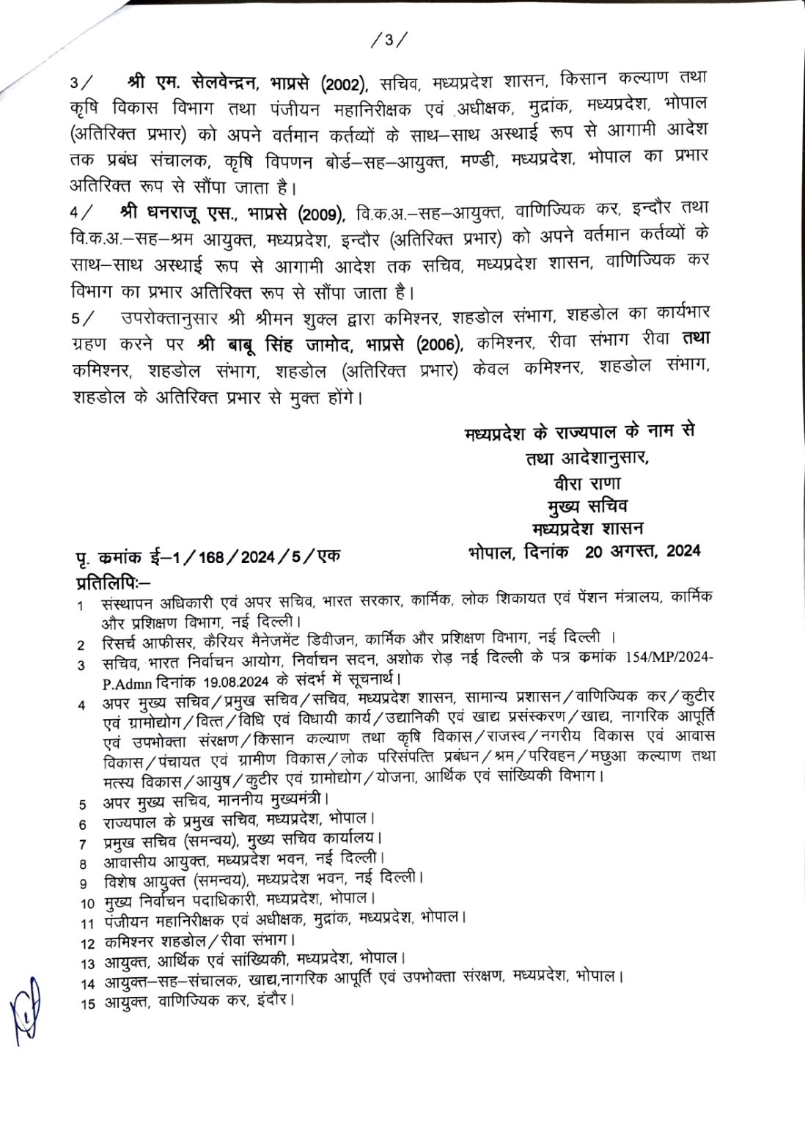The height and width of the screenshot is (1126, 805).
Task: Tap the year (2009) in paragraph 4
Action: coord(320,213)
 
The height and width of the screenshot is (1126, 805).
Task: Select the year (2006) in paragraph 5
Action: coord(440,345)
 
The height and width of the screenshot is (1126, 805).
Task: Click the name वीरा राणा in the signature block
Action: coord(588,484)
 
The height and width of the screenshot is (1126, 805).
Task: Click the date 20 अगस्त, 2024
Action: coord(643,551)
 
